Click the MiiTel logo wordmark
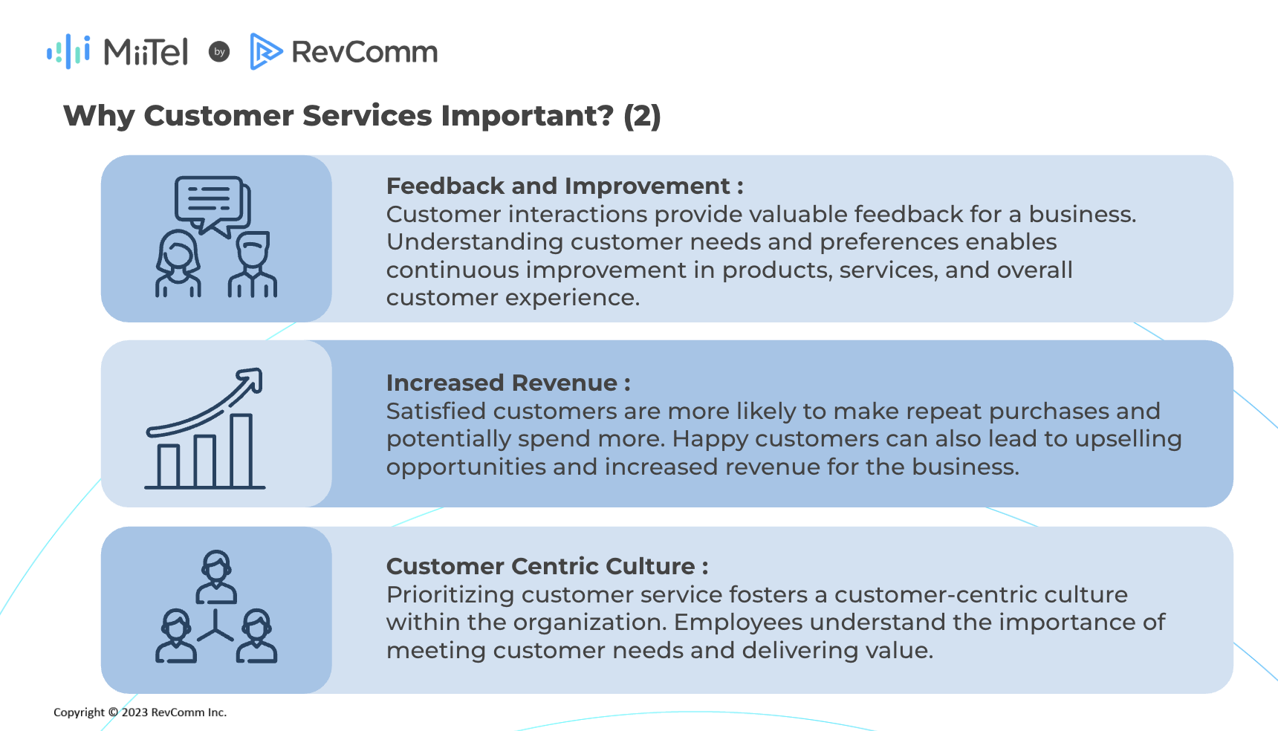coord(146,52)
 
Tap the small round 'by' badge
coord(219,51)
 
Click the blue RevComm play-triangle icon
coord(266,51)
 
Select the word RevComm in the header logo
coord(364,52)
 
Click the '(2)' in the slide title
coord(642,116)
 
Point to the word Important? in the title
coord(528,116)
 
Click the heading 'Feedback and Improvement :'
coord(565,186)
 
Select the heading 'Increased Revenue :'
coord(508,383)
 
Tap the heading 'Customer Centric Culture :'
coord(547,566)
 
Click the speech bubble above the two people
coord(212,204)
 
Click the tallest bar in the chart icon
coord(241,450)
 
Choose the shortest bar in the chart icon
coord(169,466)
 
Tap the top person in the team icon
coord(216,576)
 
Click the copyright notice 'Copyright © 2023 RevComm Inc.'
coord(140,712)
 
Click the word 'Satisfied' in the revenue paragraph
coord(435,411)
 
